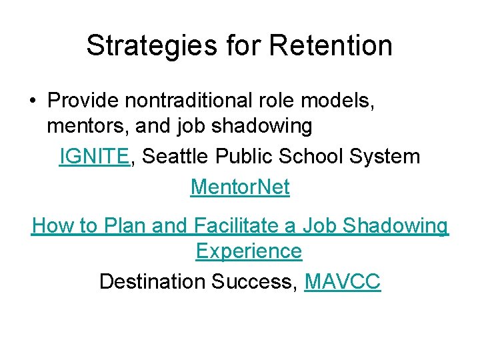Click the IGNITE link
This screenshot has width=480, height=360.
pyautogui.click(x=94, y=156)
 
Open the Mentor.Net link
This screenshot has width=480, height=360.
pyautogui.click(x=240, y=187)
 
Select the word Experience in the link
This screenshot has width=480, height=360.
pyautogui.click(x=249, y=251)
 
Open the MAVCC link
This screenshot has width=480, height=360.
pyautogui.click(x=342, y=281)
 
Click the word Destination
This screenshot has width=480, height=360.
pyautogui.click(x=153, y=281)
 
